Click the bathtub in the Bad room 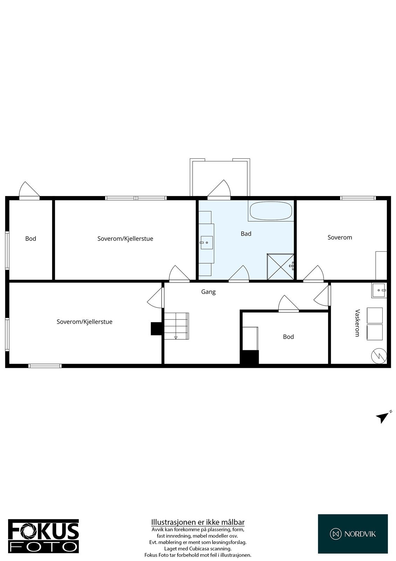271,211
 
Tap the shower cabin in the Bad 280,266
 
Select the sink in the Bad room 207,242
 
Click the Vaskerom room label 357,323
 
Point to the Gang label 208,292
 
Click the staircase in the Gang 177,326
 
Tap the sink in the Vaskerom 379,290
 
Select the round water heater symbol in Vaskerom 378,356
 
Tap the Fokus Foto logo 43,536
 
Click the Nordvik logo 353,534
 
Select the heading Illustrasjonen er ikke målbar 198,522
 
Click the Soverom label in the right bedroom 340,237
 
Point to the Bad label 246,234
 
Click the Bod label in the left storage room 30,239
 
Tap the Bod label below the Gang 288,337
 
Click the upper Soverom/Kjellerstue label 125,239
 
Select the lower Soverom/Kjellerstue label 84,322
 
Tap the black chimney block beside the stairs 155,329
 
